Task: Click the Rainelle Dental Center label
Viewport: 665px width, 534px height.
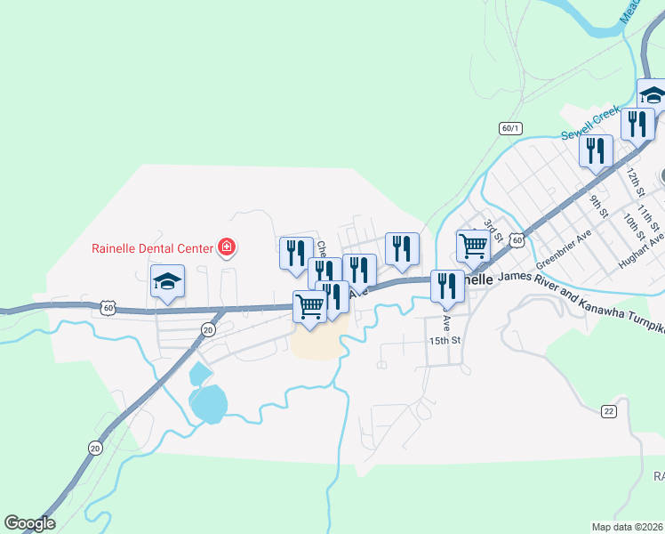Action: coord(152,248)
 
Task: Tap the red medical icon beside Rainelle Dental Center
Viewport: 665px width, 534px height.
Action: coord(228,247)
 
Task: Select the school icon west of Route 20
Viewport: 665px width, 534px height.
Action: coord(167,283)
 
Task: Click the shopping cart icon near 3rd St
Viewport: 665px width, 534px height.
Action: coord(473,245)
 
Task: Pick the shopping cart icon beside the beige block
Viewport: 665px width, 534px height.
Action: coord(309,306)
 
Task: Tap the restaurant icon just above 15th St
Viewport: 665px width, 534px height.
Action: coord(446,286)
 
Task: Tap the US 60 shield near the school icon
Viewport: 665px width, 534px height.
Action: coord(107,307)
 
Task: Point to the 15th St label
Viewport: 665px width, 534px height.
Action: coord(445,341)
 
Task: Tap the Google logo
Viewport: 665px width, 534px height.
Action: coord(29,523)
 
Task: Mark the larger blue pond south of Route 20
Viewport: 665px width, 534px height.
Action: coord(210,404)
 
